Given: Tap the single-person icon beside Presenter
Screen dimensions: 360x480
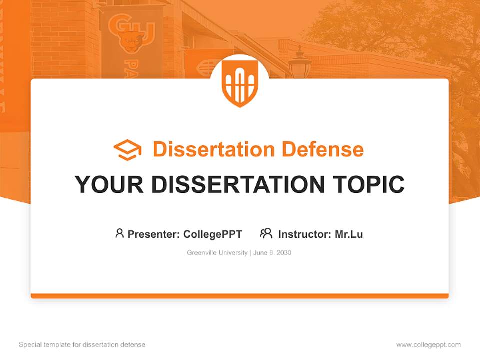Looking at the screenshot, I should (119, 233).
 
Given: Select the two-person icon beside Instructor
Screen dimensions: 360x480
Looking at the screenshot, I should (266, 233).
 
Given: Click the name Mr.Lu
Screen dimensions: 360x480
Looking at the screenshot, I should (349, 234).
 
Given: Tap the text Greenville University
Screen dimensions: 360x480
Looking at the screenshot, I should (217, 253).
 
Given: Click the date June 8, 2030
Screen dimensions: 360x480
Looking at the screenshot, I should (272, 253).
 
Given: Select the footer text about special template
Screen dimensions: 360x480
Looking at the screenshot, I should (82, 345).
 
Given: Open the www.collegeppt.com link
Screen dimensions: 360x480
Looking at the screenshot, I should (428, 345).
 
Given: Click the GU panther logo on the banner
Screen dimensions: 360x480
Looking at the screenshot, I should (131, 35).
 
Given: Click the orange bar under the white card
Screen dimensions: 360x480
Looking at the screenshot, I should (240, 296).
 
